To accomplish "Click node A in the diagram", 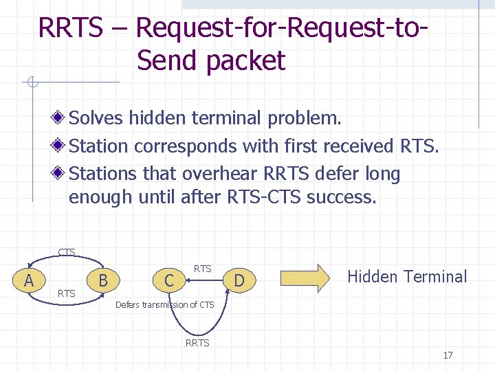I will [x=28, y=280].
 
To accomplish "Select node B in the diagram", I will [x=103, y=280].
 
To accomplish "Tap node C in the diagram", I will [x=168, y=280].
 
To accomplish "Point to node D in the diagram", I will [x=239, y=280].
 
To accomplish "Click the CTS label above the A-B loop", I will [x=67, y=252].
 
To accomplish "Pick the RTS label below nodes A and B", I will [x=67, y=294].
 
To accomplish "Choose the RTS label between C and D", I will [x=202, y=269].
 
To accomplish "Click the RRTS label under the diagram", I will [x=197, y=343].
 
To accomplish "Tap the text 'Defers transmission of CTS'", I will [x=164, y=304].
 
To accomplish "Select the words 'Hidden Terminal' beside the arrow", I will [x=407, y=277].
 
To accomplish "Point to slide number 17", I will [x=448, y=355].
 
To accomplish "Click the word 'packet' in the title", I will [x=245, y=60].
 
